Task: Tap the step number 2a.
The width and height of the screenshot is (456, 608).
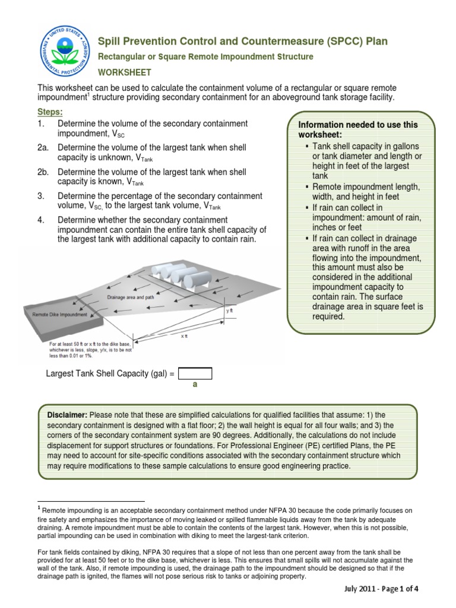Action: (x=43, y=147)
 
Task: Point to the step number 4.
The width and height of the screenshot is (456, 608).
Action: (x=40, y=220)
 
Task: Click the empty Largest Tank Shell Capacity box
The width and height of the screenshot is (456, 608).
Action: (x=195, y=373)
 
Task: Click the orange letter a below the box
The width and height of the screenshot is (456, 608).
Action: (x=194, y=385)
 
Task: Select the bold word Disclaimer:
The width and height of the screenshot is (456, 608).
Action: (x=67, y=414)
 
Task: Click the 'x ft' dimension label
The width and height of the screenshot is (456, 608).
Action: (x=183, y=336)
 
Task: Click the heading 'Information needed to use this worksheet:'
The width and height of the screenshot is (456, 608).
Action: (x=357, y=130)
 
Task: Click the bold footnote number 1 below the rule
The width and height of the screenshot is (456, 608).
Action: (x=39, y=508)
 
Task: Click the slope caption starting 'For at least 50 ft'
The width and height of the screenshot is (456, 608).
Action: (x=87, y=350)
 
